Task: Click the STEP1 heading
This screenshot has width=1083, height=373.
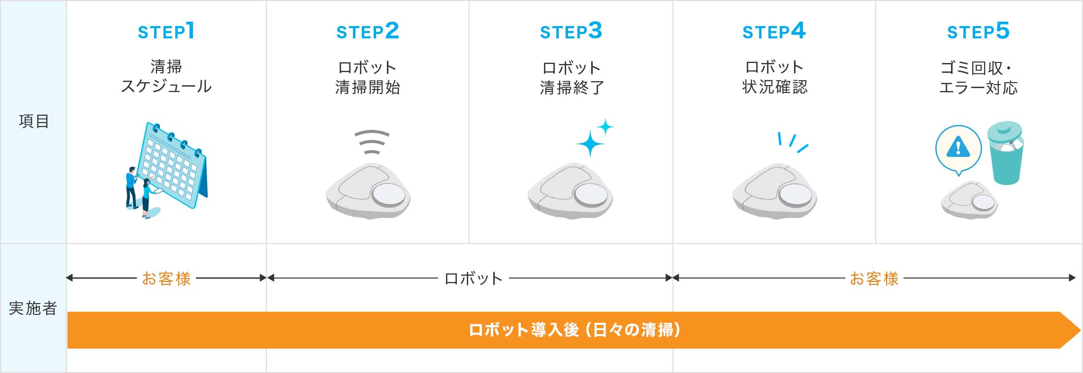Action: tap(166, 31)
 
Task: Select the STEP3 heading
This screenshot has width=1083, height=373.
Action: tap(571, 31)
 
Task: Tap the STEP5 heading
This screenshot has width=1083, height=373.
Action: tap(978, 31)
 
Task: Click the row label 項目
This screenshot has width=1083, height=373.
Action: tap(33, 121)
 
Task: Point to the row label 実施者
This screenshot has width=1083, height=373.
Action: tap(33, 309)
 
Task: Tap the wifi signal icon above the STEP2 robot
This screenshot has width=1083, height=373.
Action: tap(372, 142)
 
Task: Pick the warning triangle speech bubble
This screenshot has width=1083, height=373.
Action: tap(958, 148)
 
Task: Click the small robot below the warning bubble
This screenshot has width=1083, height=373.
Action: tap(969, 200)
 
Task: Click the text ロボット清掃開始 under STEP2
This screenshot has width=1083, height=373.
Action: tap(367, 77)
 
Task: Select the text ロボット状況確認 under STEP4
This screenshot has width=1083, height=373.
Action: tap(774, 77)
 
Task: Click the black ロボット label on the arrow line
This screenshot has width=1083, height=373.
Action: tap(473, 279)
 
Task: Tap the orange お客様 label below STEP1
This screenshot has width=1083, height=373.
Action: tap(166, 279)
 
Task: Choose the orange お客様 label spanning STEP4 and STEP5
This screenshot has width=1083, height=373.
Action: tap(874, 279)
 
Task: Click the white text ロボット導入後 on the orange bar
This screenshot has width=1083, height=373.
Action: tap(524, 330)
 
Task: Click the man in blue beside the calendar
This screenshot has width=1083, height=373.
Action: tap(131, 187)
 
